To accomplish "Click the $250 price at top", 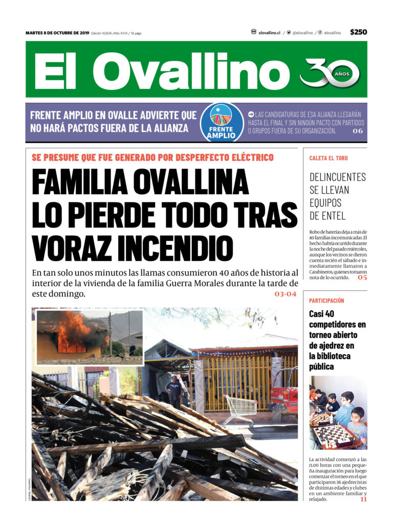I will coord(358,32).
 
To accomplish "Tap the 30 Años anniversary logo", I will coord(330,72).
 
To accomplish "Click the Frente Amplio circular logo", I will coord(221,123).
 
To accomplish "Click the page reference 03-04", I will coord(285,294).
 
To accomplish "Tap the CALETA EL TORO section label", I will coord(329,158).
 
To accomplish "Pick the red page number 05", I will coord(362,278).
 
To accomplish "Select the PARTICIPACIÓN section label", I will coord(326,301).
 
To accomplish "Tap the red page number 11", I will coord(363,499).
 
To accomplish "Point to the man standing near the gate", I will coord(174,391).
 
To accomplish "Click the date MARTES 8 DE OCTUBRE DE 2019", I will coord(57,33).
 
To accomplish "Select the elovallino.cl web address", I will coord(269,33).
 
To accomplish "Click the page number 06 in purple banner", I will coord(357,131).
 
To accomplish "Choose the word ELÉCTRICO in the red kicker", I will coord(248,157).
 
